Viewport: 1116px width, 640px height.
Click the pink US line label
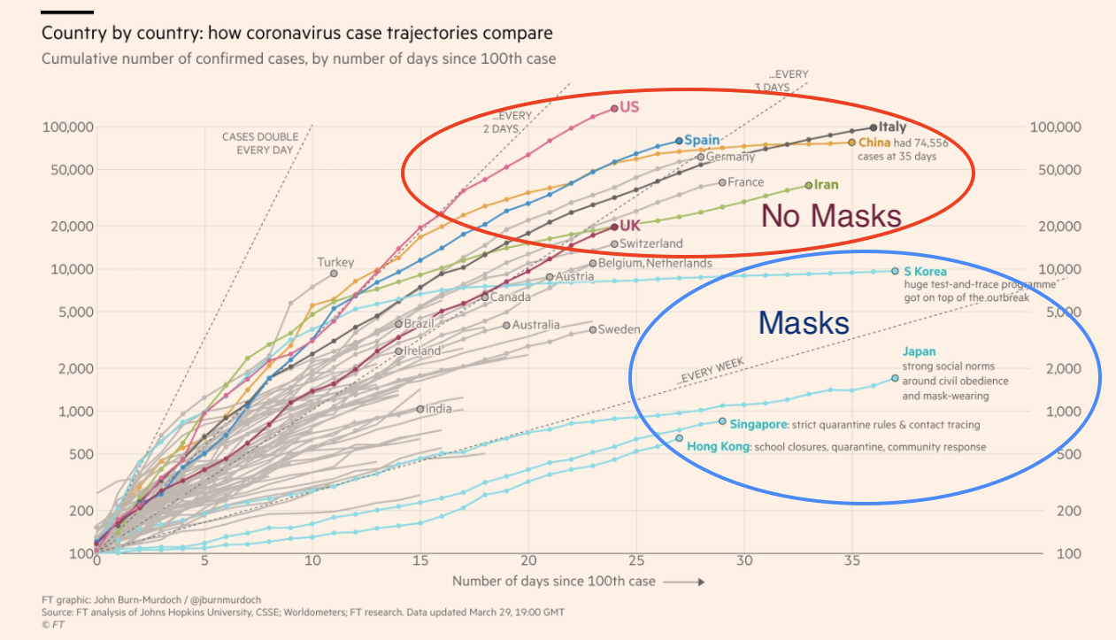[629, 107]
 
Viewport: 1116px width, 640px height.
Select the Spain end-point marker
[679, 141]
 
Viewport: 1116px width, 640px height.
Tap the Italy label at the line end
[893, 128]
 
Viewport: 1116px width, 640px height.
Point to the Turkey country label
[335, 262]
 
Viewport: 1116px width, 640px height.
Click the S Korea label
[925, 271]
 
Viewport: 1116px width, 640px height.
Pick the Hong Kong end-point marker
[679, 438]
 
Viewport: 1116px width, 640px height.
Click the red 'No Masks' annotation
[831, 216]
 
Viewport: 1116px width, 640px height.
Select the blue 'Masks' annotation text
[804, 323]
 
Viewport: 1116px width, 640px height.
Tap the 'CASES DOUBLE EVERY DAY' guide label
[260, 143]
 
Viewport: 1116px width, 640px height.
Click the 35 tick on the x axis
[852, 560]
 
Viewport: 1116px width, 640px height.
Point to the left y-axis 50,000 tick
[68, 170]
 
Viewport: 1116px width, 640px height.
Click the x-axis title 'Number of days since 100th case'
[554, 581]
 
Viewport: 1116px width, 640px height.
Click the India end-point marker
[420, 409]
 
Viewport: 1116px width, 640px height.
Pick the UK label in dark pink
[630, 226]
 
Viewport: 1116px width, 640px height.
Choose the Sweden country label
[619, 329]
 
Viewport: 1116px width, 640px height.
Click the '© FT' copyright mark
[54, 624]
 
